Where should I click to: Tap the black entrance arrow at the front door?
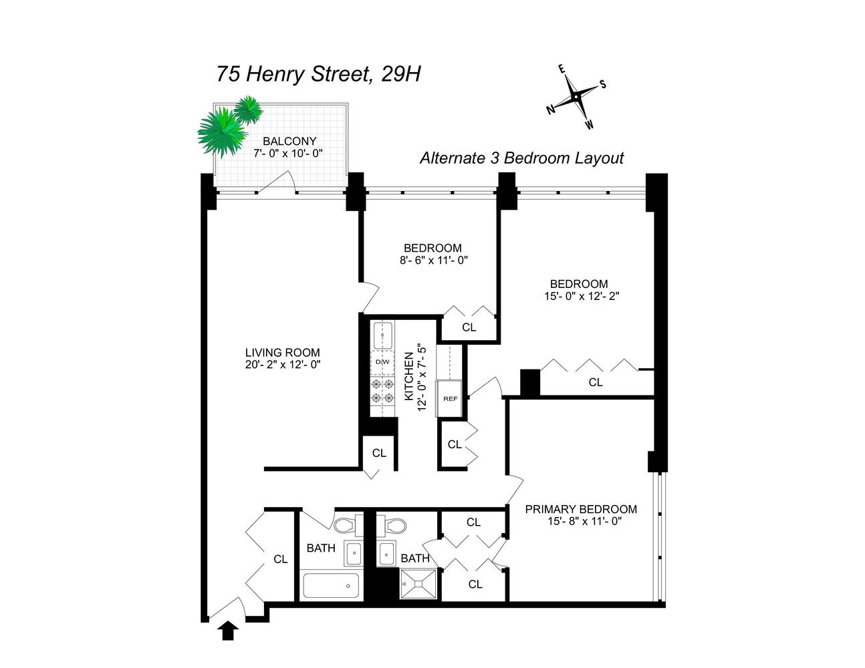click(x=229, y=630)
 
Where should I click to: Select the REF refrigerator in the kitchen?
click(x=451, y=399)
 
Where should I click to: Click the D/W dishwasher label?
click(x=382, y=362)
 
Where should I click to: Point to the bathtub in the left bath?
click(x=331, y=586)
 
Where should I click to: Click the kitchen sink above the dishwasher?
click(x=383, y=335)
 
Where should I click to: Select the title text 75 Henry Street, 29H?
click(x=318, y=73)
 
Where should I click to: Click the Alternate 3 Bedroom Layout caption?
click(x=521, y=158)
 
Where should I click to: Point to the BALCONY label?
click(x=289, y=141)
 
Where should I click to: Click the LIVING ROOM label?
click(x=282, y=353)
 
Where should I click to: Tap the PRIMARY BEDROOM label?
click(x=580, y=509)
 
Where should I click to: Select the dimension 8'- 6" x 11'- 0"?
click(x=433, y=261)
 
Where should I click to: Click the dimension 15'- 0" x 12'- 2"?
click(x=582, y=297)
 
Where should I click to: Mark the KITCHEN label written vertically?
click(x=408, y=377)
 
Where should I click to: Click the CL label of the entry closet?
click(x=281, y=559)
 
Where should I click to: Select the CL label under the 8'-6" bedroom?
click(x=469, y=327)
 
